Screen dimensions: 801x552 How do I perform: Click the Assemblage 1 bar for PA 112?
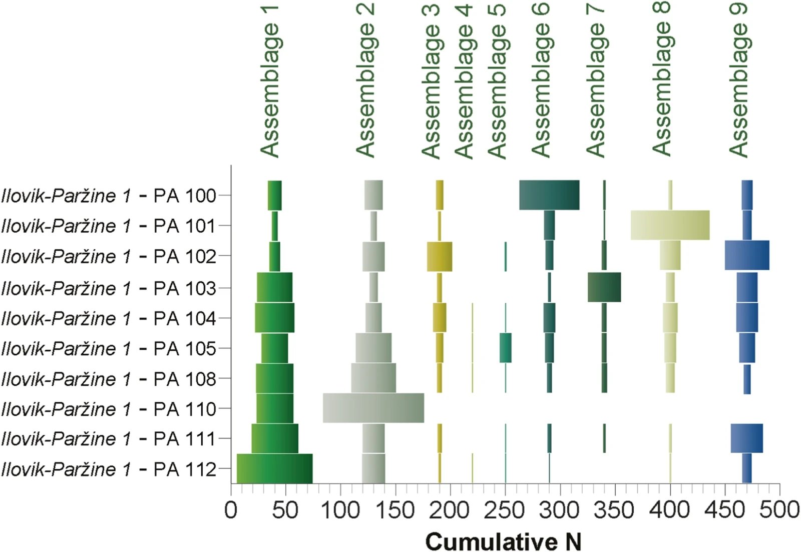click(x=275, y=468)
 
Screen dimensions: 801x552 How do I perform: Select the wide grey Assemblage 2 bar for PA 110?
click(x=373, y=408)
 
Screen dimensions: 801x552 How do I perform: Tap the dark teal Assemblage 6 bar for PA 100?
click(x=549, y=195)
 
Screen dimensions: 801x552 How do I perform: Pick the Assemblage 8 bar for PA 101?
click(x=670, y=225)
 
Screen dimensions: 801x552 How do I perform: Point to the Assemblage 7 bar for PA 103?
click(x=604, y=287)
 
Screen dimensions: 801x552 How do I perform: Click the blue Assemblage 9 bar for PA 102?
click(x=747, y=255)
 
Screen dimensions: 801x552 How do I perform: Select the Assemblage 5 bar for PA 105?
click(x=506, y=348)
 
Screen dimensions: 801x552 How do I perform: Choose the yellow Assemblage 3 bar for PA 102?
click(x=440, y=256)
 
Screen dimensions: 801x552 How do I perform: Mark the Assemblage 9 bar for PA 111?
click(x=746, y=438)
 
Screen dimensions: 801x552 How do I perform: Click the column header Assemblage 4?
click(x=464, y=82)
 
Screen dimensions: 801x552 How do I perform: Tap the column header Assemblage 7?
click(x=595, y=81)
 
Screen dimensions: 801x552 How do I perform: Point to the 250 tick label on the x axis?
click(x=505, y=510)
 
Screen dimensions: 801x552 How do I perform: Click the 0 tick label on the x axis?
click(x=231, y=510)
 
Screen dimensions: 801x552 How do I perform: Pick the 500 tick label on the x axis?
click(x=779, y=510)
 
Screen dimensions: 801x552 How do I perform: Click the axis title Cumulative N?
click(x=504, y=542)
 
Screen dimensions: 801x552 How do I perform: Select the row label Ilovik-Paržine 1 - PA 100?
click(x=109, y=196)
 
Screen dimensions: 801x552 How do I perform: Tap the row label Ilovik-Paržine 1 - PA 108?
click(x=109, y=379)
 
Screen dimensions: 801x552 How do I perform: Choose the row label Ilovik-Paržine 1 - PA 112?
click(x=109, y=469)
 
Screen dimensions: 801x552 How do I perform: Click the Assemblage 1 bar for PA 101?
click(x=275, y=226)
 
